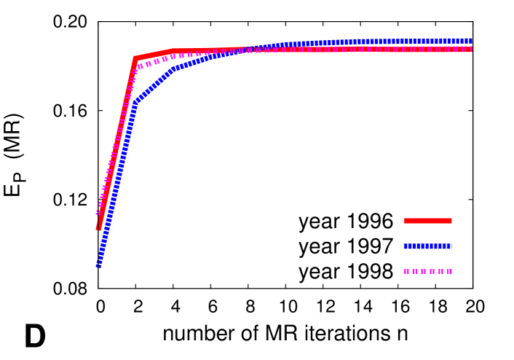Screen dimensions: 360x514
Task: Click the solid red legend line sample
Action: pyautogui.click(x=427, y=221)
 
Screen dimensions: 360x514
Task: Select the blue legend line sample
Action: pyautogui.click(x=427, y=246)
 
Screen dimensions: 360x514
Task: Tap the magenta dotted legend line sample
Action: pyautogui.click(x=427, y=271)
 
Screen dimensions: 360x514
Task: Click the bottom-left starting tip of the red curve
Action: pyautogui.click(x=99, y=228)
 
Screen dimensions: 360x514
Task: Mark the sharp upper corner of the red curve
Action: pyautogui.click(x=135, y=58)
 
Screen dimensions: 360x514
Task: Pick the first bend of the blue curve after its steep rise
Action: pyautogui.click(x=135, y=102)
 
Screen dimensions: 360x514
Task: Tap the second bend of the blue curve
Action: pyautogui.click(x=173, y=69)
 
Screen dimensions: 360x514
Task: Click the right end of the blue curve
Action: pyautogui.click(x=471, y=41)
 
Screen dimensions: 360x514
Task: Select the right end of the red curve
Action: pyautogui.click(x=471, y=49)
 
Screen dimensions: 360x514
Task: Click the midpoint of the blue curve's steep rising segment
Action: pyautogui.click(x=116, y=184)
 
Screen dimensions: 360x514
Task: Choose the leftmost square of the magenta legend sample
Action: pyautogui.click(x=406, y=271)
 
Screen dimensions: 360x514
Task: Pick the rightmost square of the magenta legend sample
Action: pyautogui.click(x=449, y=271)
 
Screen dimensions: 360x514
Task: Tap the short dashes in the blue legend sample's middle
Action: pyautogui.click(x=427, y=246)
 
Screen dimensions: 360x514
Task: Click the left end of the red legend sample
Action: pyautogui.click(x=406, y=221)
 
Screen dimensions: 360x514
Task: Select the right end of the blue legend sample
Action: pyautogui.click(x=451, y=246)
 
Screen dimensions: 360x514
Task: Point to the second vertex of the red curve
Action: pyautogui.click(x=173, y=51)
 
